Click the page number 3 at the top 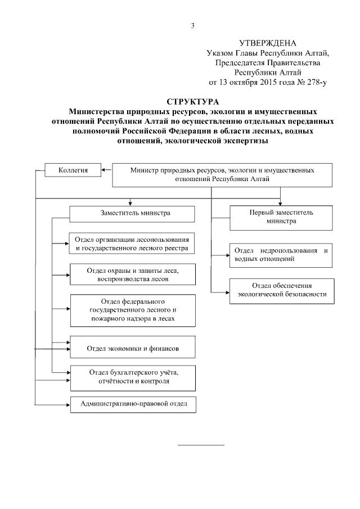tap(193, 25)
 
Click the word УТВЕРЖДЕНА tap(267, 43)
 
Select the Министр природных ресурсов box tap(222, 174)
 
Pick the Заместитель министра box tap(132, 214)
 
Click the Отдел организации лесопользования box tap(132, 244)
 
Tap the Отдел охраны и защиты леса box tap(132, 274)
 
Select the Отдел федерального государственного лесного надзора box tap(132, 310)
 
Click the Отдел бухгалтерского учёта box tap(132, 376)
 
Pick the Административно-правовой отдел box tap(132, 404)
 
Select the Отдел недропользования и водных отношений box tap(281, 255)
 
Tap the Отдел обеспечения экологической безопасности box tap(281, 290)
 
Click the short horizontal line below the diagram tap(201, 445)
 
